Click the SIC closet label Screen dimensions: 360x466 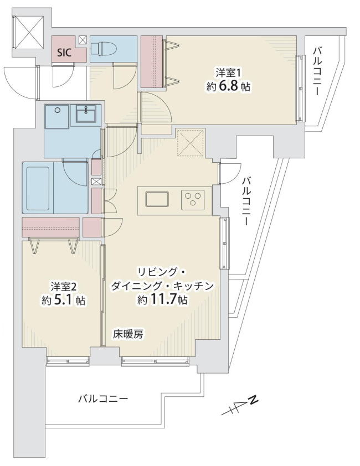click(64, 53)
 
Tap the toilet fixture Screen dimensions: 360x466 click(100, 48)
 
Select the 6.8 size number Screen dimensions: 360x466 click(229, 86)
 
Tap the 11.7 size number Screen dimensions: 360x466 click(165, 299)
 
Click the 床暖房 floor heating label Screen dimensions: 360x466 click(127, 335)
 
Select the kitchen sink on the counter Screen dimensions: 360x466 click(157, 199)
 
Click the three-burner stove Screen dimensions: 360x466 click(193, 198)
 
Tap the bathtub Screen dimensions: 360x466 click(38, 188)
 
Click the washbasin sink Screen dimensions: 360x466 click(86, 113)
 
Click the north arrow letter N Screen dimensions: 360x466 click(253, 400)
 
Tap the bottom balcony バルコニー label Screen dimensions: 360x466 click(103, 398)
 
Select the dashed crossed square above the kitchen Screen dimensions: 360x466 click(191, 142)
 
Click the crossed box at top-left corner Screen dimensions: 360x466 click(29, 32)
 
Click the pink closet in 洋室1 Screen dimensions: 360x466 click(152, 61)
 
